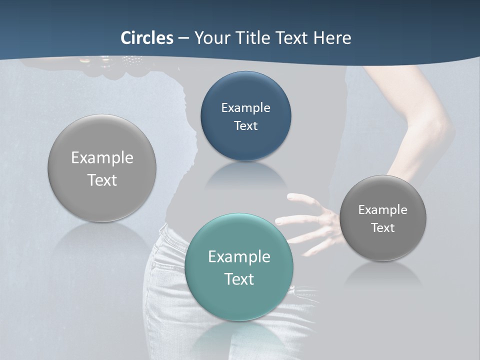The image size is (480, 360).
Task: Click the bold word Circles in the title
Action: tap(147, 38)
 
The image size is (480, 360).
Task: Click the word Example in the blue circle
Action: tap(245, 108)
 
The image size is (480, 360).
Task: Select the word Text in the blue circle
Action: tap(245, 125)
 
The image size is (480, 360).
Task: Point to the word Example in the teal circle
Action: tap(239, 257)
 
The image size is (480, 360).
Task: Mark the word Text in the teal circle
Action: tap(239, 279)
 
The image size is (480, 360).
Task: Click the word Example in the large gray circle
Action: tap(102, 158)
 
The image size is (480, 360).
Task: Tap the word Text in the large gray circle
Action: tap(102, 180)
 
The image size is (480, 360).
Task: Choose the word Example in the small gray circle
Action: tap(382, 210)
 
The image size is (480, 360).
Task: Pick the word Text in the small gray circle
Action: tap(382, 228)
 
